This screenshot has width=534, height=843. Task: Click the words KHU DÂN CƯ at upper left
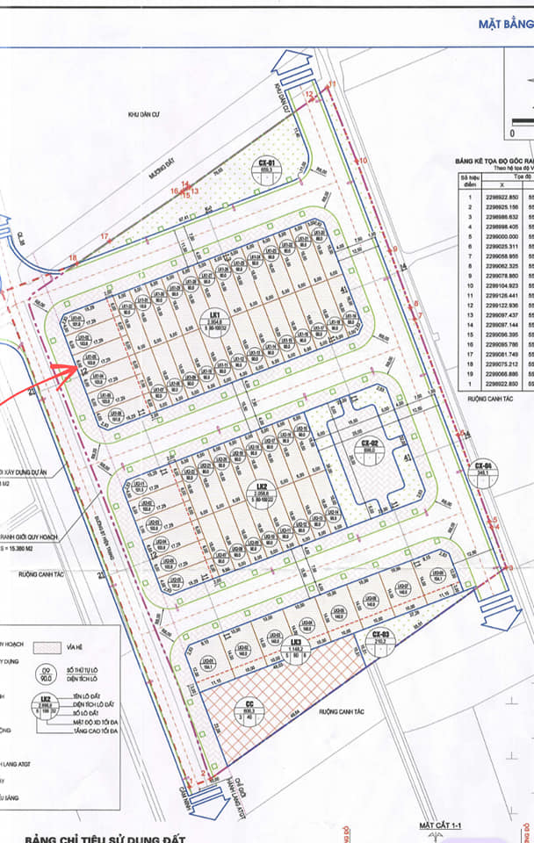click(146, 114)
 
